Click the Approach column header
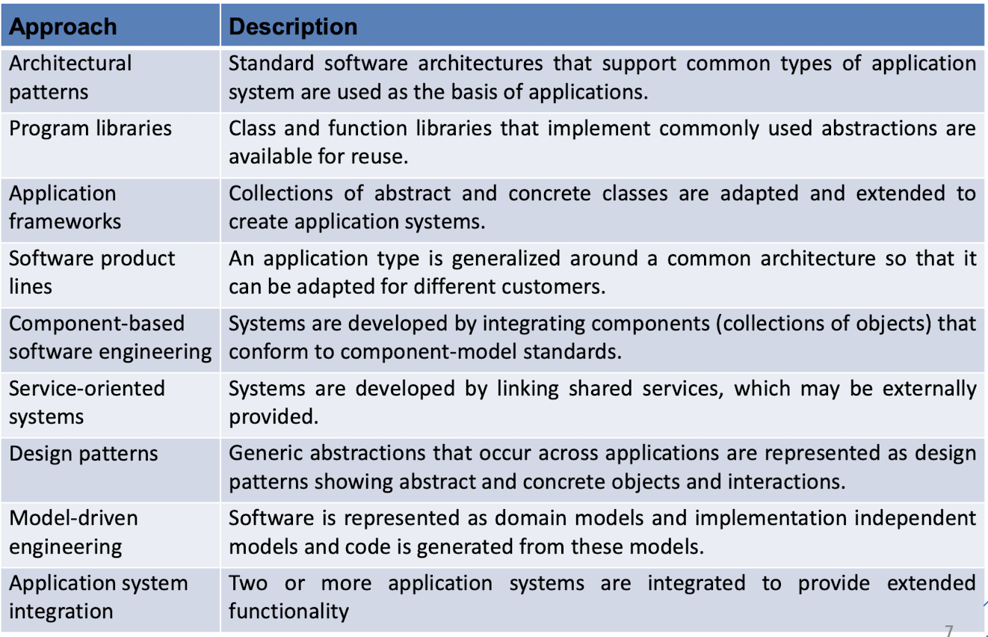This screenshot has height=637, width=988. (63, 26)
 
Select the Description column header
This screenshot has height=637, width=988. (293, 26)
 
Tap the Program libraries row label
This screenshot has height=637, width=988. (90, 129)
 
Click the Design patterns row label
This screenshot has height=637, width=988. (84, 454)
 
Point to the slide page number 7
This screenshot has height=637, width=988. (949, 630)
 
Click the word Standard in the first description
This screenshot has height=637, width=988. (271, 63)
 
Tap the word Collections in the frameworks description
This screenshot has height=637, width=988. (280, 193)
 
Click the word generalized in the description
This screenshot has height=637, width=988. (506, 259)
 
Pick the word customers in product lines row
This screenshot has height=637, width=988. (554, 287)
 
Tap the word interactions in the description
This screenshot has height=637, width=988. (786, 481)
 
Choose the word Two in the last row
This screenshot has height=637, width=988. (248, 583)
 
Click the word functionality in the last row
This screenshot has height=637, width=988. (289, 612)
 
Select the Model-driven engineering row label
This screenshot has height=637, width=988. (73, 532)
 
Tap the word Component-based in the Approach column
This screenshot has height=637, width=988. (96, 324)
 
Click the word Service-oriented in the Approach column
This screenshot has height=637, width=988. (87, 389)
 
